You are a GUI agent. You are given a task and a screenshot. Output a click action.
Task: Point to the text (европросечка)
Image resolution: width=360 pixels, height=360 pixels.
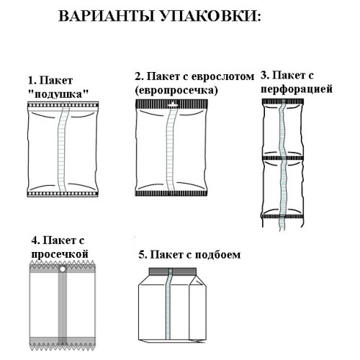tap(176, 90)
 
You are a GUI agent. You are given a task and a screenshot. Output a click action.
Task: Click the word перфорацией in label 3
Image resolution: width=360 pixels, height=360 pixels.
tap(300, 89)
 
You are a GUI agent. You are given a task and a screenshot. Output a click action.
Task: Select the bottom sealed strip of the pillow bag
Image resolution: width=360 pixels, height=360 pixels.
tap(63, 194)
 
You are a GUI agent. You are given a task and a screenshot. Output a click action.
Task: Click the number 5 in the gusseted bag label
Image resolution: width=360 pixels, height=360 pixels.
tap(140, 254)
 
